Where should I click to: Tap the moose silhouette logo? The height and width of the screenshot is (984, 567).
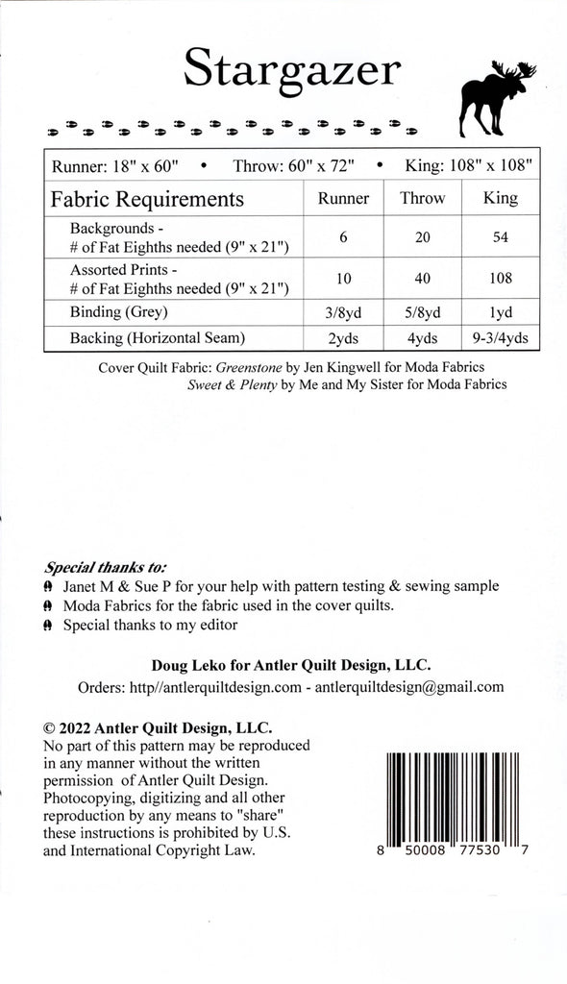(x=497, y=97)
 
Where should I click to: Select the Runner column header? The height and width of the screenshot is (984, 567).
(x=343, y=198)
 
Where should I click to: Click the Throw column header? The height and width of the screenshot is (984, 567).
(x=423, y=198)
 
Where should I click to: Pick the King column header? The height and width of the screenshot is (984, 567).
(x=501, y=198)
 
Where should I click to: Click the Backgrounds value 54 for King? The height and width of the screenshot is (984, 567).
(x=501, y=237)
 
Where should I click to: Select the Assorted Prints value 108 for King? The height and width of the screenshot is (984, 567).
(x=501, y=279)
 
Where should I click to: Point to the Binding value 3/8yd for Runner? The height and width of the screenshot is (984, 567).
(x=343, y=312)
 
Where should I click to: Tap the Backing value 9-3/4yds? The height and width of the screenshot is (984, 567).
(x=501, y=337)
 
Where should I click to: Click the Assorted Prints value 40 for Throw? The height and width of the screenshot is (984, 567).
(x=423, y=279)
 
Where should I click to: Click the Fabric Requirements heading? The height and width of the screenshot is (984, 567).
(x=147, y=199)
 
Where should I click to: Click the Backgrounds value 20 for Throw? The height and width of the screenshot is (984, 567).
(x=423, y=237)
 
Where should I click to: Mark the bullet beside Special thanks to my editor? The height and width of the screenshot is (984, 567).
(x=48, y=626)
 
